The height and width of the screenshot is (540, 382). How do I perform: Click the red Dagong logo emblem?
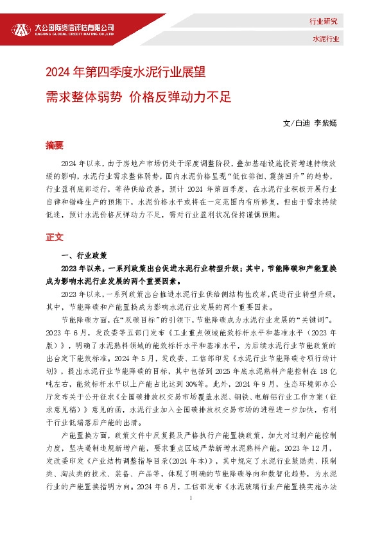[21, 29]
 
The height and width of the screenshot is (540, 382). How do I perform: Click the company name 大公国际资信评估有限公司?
[74, 26]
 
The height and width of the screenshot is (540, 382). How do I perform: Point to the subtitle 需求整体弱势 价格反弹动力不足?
[137, 97]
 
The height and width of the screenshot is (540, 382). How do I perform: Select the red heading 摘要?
[55, 145]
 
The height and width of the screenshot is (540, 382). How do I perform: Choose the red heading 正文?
[55, 237]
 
